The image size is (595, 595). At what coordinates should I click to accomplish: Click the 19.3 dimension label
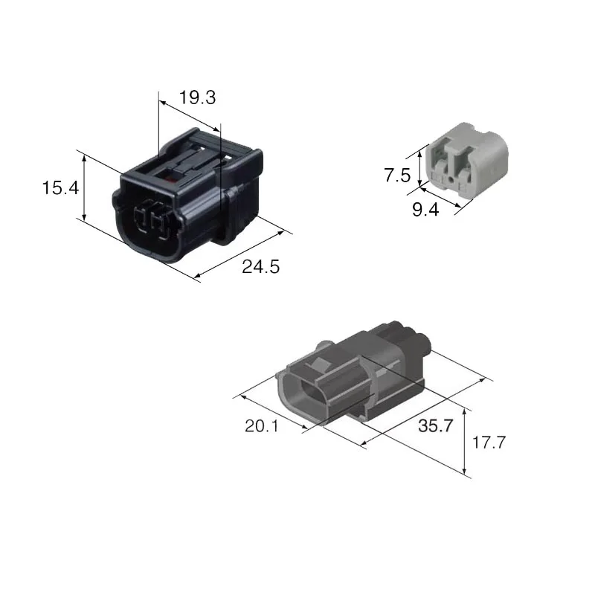[x=197, y=97]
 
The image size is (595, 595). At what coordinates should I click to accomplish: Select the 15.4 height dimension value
[x=60, y=188]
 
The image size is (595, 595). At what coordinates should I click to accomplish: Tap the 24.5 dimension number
[x=261, y=266]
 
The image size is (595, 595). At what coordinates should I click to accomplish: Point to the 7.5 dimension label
[x=397, y=176]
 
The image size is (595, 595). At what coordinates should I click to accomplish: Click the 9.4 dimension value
[x=425, y=210]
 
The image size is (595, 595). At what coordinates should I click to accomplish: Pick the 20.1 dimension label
[x=262, y=425]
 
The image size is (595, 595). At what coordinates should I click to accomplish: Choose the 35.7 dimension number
[x=436, y=425]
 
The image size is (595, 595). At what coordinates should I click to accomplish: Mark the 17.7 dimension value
[x=489, y=443]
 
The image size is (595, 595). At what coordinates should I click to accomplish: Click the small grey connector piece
[x=467, y=159]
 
